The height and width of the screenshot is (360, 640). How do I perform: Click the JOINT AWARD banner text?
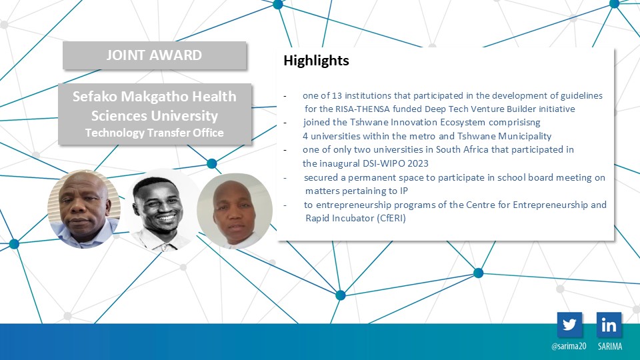pyautogui.click(x=154, y=55)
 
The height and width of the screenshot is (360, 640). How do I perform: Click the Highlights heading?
pyautogui.click(x=316, y=61)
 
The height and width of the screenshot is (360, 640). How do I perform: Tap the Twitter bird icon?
pyautogui.click(x=569, y=325)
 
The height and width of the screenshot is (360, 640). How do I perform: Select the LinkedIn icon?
pyautogui.click(x=609, y=325)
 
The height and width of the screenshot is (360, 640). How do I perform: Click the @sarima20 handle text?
pyautogui.click(x=569, y=346)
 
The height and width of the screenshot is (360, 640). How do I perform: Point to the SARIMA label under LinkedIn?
pyautogui.click(x=610, y=346)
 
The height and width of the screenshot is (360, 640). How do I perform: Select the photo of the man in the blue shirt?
pyautogui.click(x=84, y=209)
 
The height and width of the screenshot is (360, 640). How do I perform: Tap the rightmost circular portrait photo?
pyautogui.click(x=235, y=211)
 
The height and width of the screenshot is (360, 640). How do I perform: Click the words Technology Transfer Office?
pyautogui.click(x=154, y=133)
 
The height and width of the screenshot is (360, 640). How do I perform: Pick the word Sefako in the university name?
pyautogui.click(x=95, y=97)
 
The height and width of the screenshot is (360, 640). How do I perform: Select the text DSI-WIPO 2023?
pyautogui.click(x=395, y=163)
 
